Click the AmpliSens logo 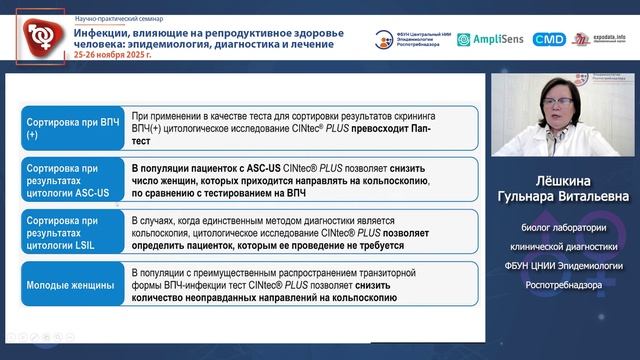click(490, 39)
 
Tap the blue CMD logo click(548, 39)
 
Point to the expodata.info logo click(602, 39)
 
